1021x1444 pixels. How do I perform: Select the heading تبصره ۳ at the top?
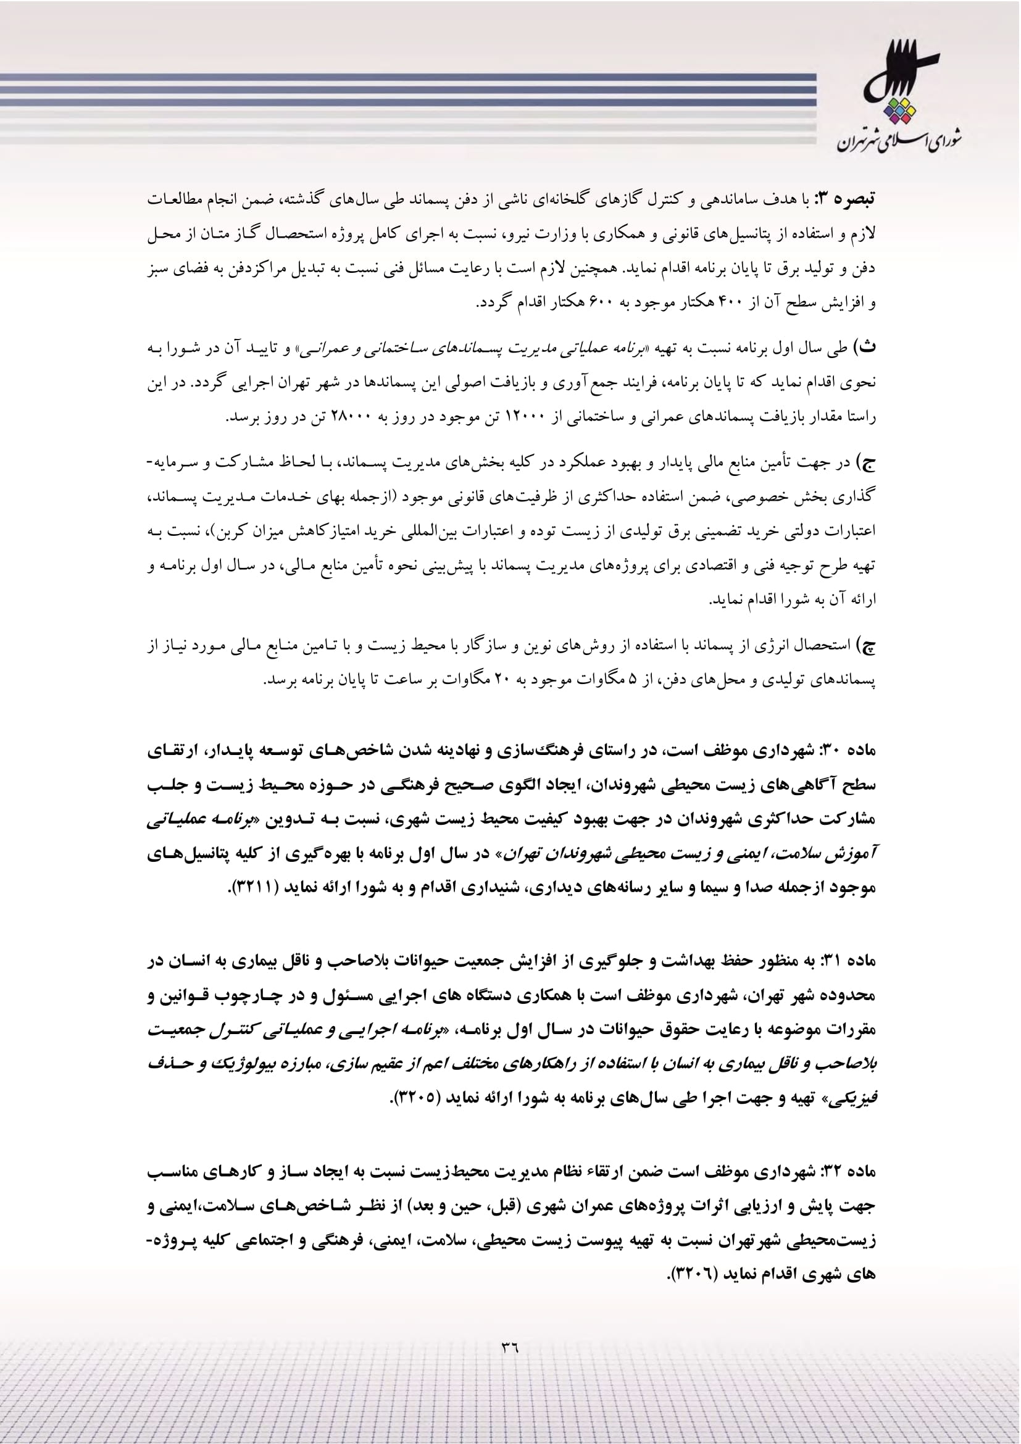coord(844,201)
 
